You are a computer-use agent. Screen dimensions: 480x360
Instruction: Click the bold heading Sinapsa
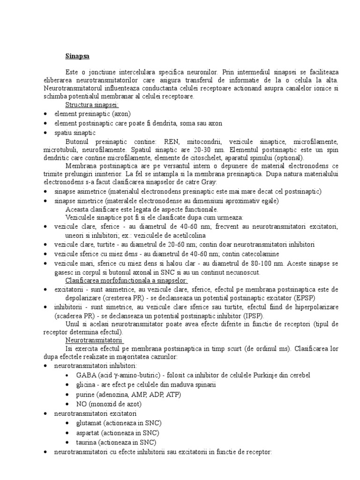pos(77,56)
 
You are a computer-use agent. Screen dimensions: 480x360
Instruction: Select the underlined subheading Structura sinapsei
pos(92,105)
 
